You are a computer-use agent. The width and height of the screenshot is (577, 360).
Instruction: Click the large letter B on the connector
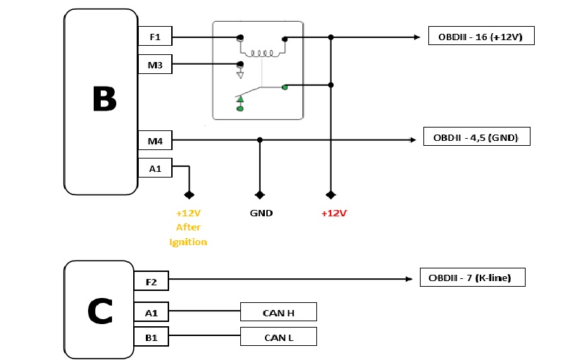click(x=104, y=99)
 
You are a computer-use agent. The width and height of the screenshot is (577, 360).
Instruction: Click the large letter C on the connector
click(x=100, y=311)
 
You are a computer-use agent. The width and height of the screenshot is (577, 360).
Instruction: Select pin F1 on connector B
click(x=154, y=37)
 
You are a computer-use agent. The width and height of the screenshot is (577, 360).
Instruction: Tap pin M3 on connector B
click(x=154, y=65)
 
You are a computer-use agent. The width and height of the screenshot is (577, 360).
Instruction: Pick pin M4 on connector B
click(x=154, y=141)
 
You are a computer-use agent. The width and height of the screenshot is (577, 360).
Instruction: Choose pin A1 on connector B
click(x=154, y=168)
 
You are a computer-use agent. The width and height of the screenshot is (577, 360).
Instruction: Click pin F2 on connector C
click(x=151, y=282)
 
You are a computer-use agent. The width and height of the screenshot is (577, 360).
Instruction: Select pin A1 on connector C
click(x=151, y=311)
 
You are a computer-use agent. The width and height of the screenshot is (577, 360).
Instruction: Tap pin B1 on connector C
click(x=151, y=337)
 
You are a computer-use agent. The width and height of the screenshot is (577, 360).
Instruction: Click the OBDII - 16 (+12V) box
click(x=481, y=36)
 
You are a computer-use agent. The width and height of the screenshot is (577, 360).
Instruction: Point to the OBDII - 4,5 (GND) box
click(x=476, y=137)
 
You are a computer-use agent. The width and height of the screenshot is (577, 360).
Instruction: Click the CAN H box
click(x=278, y=311)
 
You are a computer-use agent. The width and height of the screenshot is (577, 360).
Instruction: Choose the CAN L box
click(x=278, y=337)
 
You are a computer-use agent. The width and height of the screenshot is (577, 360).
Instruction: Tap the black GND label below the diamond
click(x=261, y=213)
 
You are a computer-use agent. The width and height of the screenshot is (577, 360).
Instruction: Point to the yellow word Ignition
click(x=188, y=242)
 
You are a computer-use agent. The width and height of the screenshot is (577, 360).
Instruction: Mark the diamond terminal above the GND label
click(x=260, y=194)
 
